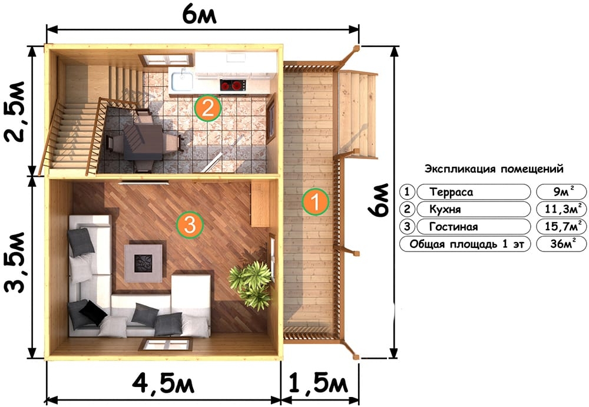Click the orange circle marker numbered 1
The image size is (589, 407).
click(316, 201)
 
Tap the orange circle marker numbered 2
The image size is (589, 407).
click(208, 108)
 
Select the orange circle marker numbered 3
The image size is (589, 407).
click(190, 225)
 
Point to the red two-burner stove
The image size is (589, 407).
click(233, 85)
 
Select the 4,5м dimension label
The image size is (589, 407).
click(163, 383)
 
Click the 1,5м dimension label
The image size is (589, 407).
click(319, 383)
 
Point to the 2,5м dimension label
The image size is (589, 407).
click(16, 111)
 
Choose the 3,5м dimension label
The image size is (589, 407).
click(16, 262)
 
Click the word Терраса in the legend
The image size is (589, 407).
click(451, 192)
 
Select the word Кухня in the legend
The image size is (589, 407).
click(445, 209)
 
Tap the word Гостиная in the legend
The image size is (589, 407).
click(454, 227)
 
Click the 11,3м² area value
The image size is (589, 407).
click(562, 209)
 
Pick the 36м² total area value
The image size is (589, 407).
click(562, 243)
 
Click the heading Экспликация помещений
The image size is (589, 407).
click(494, 168)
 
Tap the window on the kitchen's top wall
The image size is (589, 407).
click(166, 60)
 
